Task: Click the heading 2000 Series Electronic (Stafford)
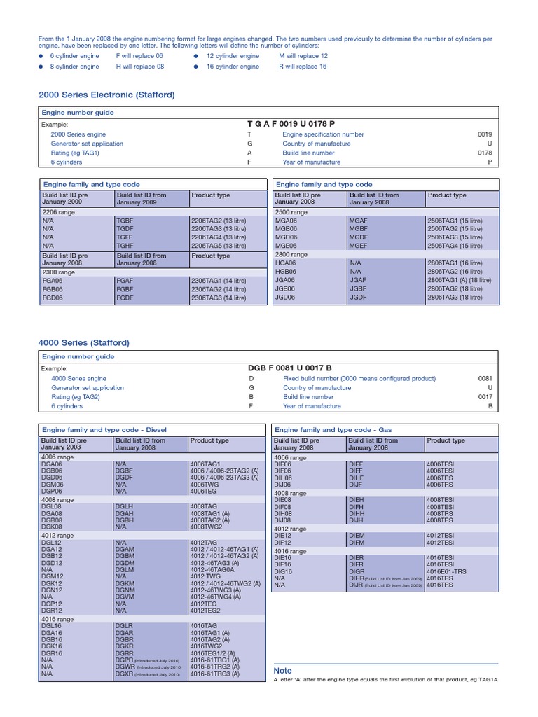[x=106, y=95]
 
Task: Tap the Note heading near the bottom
[x=282, y=671]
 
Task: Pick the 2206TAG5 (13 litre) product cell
[x=218, y=246]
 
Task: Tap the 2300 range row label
[x=58, y=272]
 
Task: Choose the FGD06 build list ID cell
[x=53, y=297]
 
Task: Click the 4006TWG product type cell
[x=205, y=484]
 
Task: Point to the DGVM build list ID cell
[x=124, y=596]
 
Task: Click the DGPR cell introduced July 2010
[x=124, y=660]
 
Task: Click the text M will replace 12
[x=303, y=55]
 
